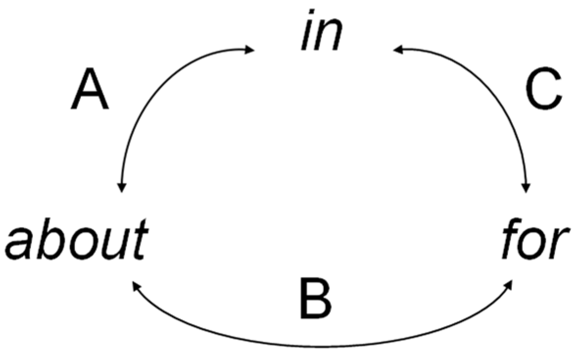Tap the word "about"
tap(76, 240)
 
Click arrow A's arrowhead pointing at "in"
tap(250, 49)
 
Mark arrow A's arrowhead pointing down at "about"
tap(122, 188)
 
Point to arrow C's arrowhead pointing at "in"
tap(397, 49)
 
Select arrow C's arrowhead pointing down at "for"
tap(527, 188)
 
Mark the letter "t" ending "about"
tap(139, 240)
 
